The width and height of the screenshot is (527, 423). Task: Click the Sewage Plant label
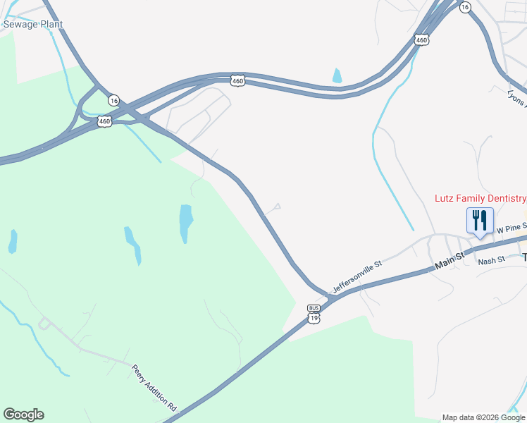(x=33, y=24)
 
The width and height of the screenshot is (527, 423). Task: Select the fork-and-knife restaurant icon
(x=480, y=221)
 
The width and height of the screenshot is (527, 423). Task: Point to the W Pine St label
(x=510, y=230)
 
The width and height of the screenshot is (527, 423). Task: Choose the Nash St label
(x=492, y=260)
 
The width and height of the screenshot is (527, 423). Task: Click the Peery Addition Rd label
(x=154, y=387)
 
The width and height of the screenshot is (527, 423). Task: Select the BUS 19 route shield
(x=314, y=314)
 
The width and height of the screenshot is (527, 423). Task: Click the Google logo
(x=23, y=415)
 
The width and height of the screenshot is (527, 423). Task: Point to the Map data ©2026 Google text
(x=483, y=417)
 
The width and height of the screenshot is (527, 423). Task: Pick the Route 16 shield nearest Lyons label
(x=464, y=6)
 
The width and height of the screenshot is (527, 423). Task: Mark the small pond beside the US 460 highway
(x=337, y=75)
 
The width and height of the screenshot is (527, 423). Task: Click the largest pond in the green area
(x=185, y=222)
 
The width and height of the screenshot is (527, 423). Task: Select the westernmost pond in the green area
(x=13, y=241)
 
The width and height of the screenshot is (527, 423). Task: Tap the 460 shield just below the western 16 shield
(x=105, y=121)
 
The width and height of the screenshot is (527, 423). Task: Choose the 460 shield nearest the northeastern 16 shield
(x=421, y=40)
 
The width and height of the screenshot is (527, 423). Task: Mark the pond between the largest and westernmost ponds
(x=132, y=244)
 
